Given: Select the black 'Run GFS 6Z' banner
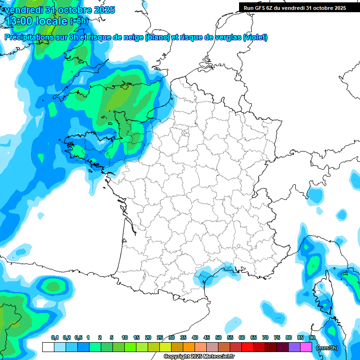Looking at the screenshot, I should [x=295, y=7].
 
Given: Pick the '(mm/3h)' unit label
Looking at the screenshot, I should [x=327, y=347].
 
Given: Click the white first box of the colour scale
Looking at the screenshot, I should [x=48, y=347].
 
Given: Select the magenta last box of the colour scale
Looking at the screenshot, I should [x=306, y=347].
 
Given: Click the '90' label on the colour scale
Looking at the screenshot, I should [x=312, y=337].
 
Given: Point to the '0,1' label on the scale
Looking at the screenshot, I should [x=55, y=337].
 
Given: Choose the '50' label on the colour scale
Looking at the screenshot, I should [x=218, y=337].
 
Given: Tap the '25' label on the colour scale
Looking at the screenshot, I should [x=160, y=337].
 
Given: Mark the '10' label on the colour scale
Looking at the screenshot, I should [x=125, y=337].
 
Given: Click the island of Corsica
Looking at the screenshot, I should [x=322, y=295].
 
